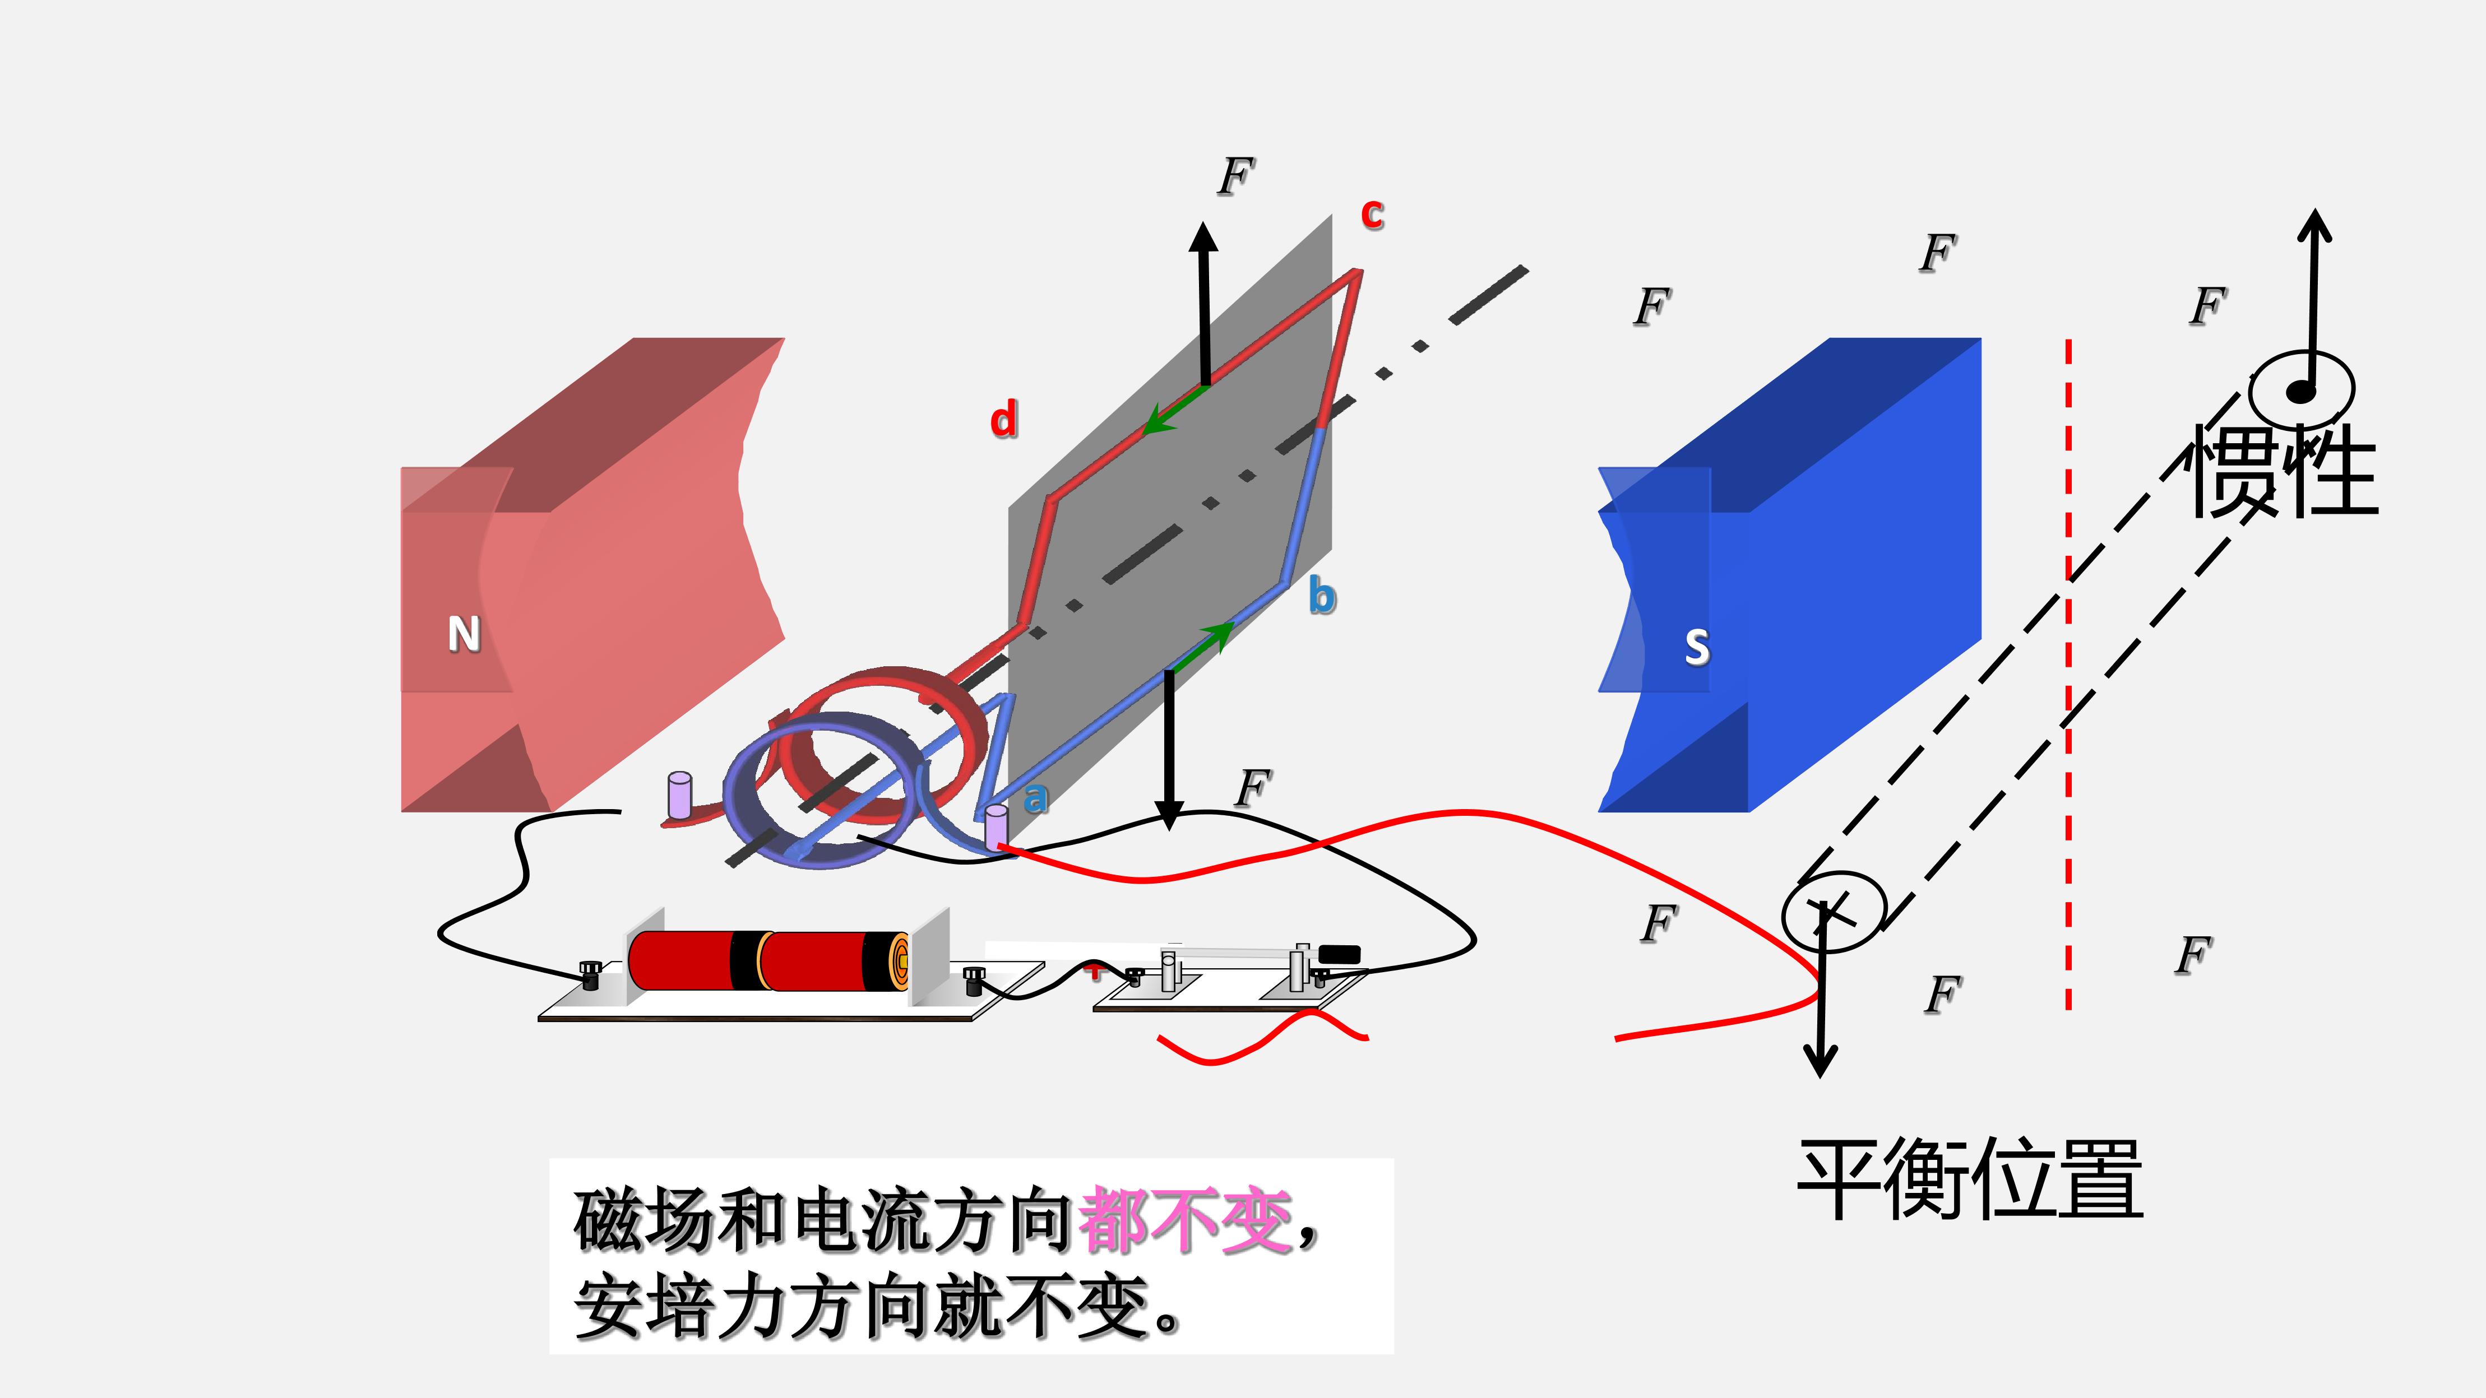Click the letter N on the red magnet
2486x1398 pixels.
pos(464,634)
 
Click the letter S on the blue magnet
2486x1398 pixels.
pos(1697,647)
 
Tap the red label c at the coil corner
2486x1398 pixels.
pos(1372,213)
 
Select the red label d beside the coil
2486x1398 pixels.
pos(1004,420)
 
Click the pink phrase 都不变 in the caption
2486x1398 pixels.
pos(1186,1220)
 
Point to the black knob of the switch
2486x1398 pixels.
pos(1340,953)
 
